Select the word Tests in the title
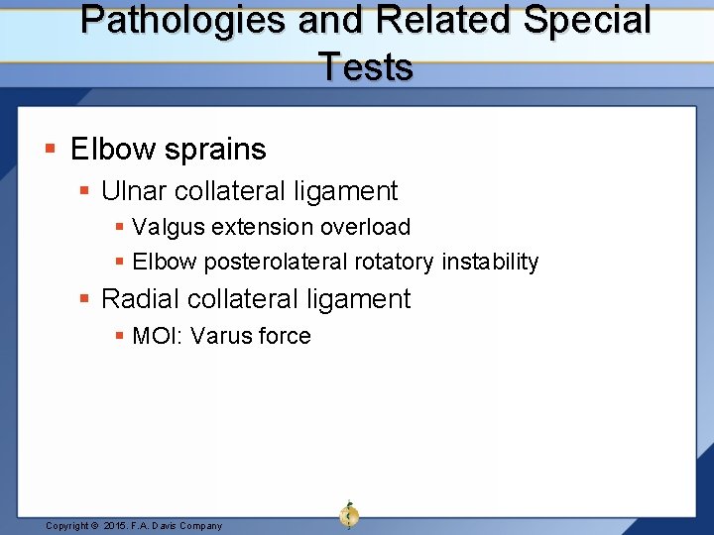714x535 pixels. coord(365,67)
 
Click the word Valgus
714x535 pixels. coord(166,227)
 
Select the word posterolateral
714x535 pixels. coord(269,263)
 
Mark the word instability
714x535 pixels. coord(490,263)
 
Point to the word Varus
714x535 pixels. coord(220,336)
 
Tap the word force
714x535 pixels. coord(284,336)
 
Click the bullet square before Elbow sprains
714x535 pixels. coord(52,151)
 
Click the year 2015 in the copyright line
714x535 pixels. coord(117,525)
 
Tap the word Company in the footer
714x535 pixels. coord(200,525)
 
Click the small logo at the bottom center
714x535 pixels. coord(349,514)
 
